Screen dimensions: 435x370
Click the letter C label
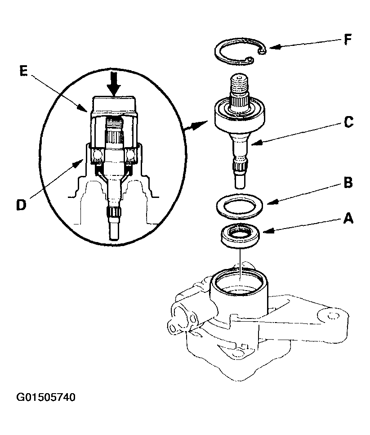(x=349, y=122)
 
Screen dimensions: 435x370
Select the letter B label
(x=348, y=184)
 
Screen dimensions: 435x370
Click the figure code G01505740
(x=46, y=397)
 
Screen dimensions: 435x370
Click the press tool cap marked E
(x=115, y=106)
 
